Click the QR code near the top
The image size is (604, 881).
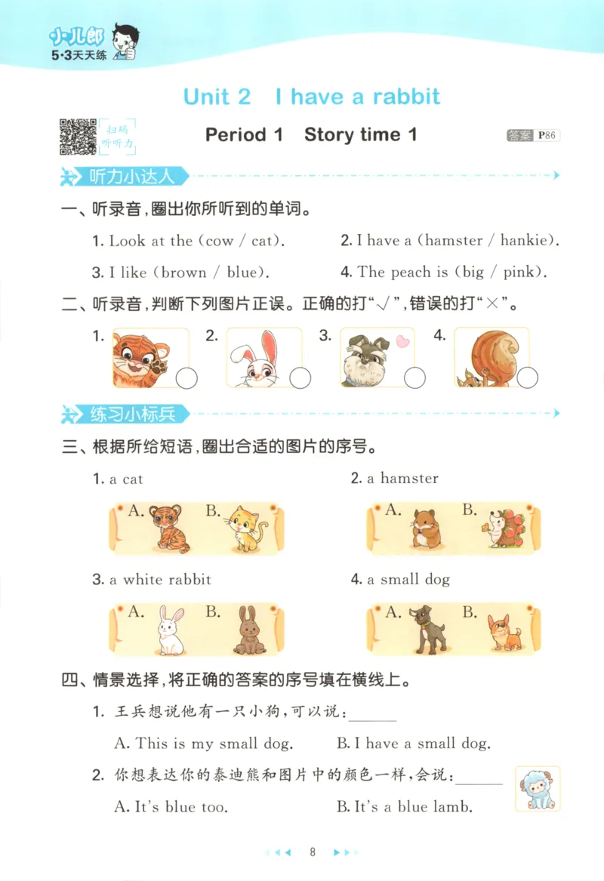point(78,136)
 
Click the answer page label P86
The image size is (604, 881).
point(547,136)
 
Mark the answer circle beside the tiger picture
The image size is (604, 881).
point(186,377)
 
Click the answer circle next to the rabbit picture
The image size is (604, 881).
point(300,377)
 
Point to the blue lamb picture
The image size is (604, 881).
point(538,788)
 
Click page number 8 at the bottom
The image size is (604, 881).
point(311,852)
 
